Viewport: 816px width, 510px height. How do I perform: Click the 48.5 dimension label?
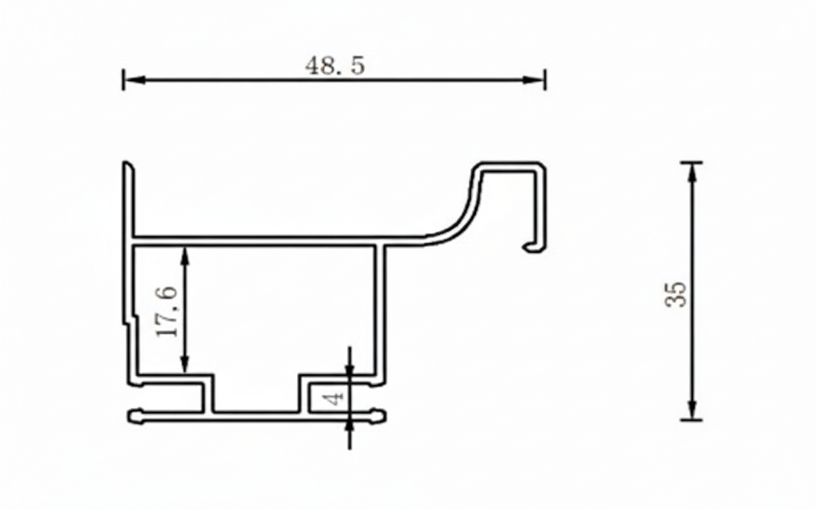click(x=335, y=66)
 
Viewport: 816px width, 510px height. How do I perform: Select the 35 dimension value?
click(x=676, y=294)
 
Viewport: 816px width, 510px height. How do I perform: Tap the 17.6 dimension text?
click(x=166, y=312)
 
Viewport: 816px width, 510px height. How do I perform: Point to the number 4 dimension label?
click(x=334, y=398)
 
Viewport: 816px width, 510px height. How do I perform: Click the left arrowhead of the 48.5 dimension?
click(x=131, y=80)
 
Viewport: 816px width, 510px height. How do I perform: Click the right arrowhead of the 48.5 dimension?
click(x=536, y=80)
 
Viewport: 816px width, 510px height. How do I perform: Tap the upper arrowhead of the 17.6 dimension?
click(x=185, y=254)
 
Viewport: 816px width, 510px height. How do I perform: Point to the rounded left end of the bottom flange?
click(x=132, y=417)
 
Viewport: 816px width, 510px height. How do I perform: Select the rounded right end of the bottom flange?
click(x=382, y=417)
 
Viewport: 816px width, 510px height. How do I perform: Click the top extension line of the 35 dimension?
click(x=692, y=163)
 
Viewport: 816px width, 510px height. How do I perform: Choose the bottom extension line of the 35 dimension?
click(x=692, y=420)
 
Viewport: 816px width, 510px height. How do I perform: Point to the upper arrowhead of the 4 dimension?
click(x=349, y=369)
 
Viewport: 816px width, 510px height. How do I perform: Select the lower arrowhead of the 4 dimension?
click(x=349, y=427)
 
